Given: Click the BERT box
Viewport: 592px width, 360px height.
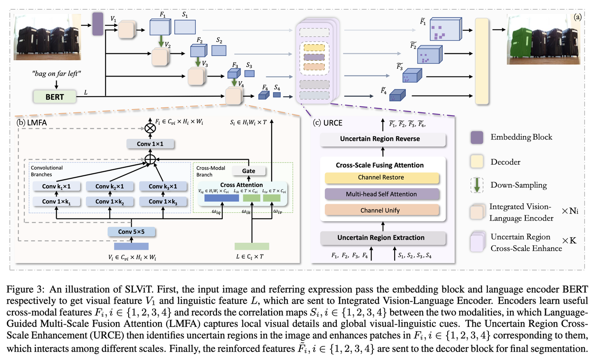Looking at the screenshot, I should [x=55, y=97].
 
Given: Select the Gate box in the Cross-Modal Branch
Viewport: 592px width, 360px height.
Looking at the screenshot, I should [x=248, y=171].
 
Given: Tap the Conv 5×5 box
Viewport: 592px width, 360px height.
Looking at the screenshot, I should [x=132, y=232].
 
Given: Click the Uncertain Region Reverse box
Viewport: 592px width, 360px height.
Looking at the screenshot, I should [x=383, y=139].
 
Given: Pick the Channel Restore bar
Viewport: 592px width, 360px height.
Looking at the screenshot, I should [x=382, y=177].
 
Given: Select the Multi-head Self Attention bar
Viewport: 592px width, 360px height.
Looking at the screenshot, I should [x=382, y=194].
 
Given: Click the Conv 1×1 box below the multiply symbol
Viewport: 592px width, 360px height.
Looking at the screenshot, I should [x=150, y=144].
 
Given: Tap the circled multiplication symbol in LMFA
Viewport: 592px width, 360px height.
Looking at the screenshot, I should [x=150, y=128].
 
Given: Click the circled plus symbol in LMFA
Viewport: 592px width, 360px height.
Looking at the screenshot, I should [x=150, y=159].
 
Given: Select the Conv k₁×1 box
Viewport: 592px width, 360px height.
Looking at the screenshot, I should [x=57, y=186].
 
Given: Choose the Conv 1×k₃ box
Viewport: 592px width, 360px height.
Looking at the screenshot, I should [x=163, y=202].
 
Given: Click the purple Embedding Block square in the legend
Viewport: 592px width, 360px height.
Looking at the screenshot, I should [x=477, y=137].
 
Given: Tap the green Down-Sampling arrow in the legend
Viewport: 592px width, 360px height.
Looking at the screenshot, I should [x=477, y=185].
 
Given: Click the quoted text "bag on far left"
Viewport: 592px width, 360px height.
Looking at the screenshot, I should [x=56, y=74].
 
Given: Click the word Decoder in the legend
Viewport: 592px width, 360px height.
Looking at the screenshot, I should [x=505, y=162].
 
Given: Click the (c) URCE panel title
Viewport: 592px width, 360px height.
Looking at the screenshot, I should [x=328, y=123].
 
